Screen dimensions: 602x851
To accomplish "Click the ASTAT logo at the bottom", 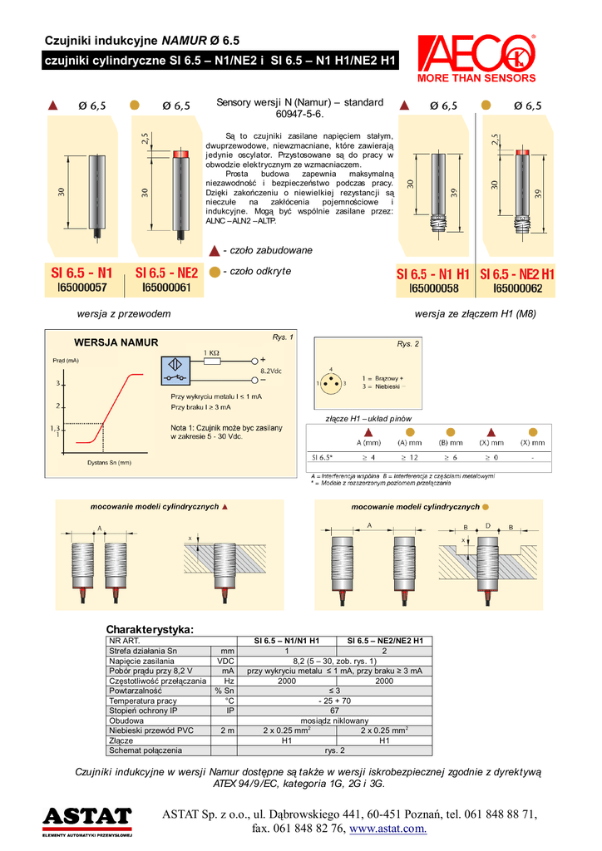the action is [87, 819].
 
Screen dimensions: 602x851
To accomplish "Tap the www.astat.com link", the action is [388, 829].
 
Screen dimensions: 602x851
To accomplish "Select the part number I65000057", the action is [82, 288].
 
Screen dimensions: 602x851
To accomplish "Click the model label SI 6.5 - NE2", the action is [166, 273].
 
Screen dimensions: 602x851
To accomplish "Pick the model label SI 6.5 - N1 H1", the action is [432, 273].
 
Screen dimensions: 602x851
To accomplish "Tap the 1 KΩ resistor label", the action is [212, 352].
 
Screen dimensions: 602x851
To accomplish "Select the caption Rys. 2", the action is [408, 343].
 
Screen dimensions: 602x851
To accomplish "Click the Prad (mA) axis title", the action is [66, 360].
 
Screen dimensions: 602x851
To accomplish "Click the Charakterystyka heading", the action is [150, 628].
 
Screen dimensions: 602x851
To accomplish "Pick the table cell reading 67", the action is [334, 711].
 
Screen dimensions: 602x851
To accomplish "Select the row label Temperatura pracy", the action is [144, 701].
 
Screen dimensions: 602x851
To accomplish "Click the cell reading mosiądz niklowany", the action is [334, 721].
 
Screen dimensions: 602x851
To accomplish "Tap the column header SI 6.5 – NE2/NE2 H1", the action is [384, 641].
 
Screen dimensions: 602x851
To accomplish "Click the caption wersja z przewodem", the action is [123, 313].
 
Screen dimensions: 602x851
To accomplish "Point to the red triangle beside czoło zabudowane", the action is [215, 250].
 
